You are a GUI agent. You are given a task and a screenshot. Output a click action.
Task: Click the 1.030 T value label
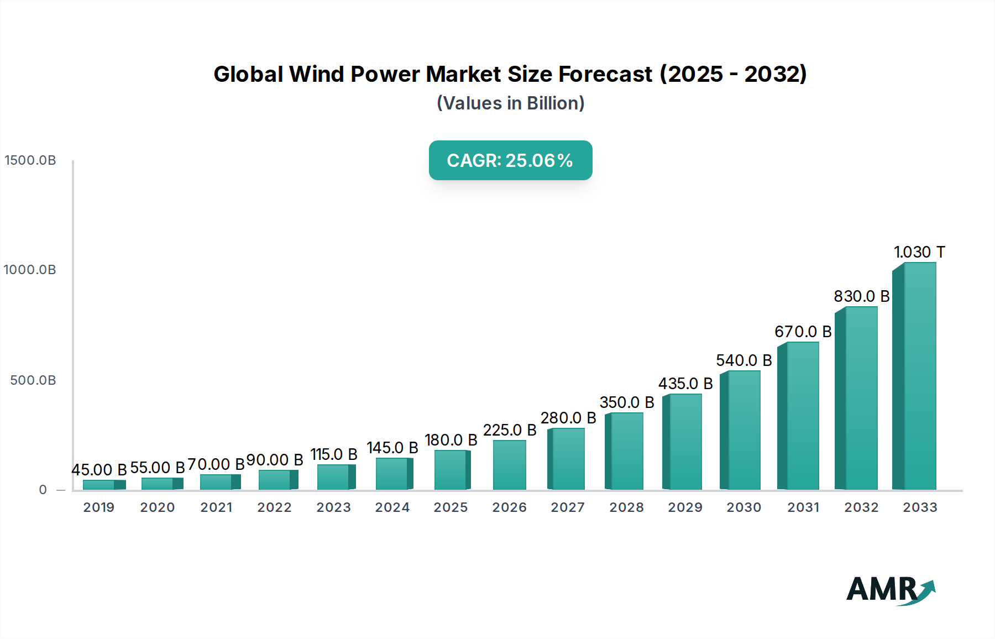[x=919, y=252]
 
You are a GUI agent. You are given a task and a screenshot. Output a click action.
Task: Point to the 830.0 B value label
[x=861, y=296]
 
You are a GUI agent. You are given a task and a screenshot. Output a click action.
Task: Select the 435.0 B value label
[x=685, y=384]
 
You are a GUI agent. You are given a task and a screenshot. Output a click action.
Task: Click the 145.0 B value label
[x=392, y=448]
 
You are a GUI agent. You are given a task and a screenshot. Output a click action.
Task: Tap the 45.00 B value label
[x=99, y=470]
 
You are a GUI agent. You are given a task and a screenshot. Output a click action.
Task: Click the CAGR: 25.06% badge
[x=510, y=160]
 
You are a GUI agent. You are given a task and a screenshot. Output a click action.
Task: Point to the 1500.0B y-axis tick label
[x=30, y=160]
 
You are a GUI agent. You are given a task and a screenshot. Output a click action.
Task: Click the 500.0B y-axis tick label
[x=33, y=380]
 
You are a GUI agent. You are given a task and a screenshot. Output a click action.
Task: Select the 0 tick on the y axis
[x=43, y=490]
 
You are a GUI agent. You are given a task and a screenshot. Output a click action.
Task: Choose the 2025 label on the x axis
[x=451, y=507]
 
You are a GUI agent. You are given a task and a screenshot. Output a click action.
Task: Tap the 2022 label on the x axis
[x=274, y=507]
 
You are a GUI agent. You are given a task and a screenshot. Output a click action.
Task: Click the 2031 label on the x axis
[x=803, y=507]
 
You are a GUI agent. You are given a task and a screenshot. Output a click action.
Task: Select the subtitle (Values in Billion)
[x=510, y=103]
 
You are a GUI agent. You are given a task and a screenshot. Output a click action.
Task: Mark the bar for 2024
[x=392, y=474]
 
